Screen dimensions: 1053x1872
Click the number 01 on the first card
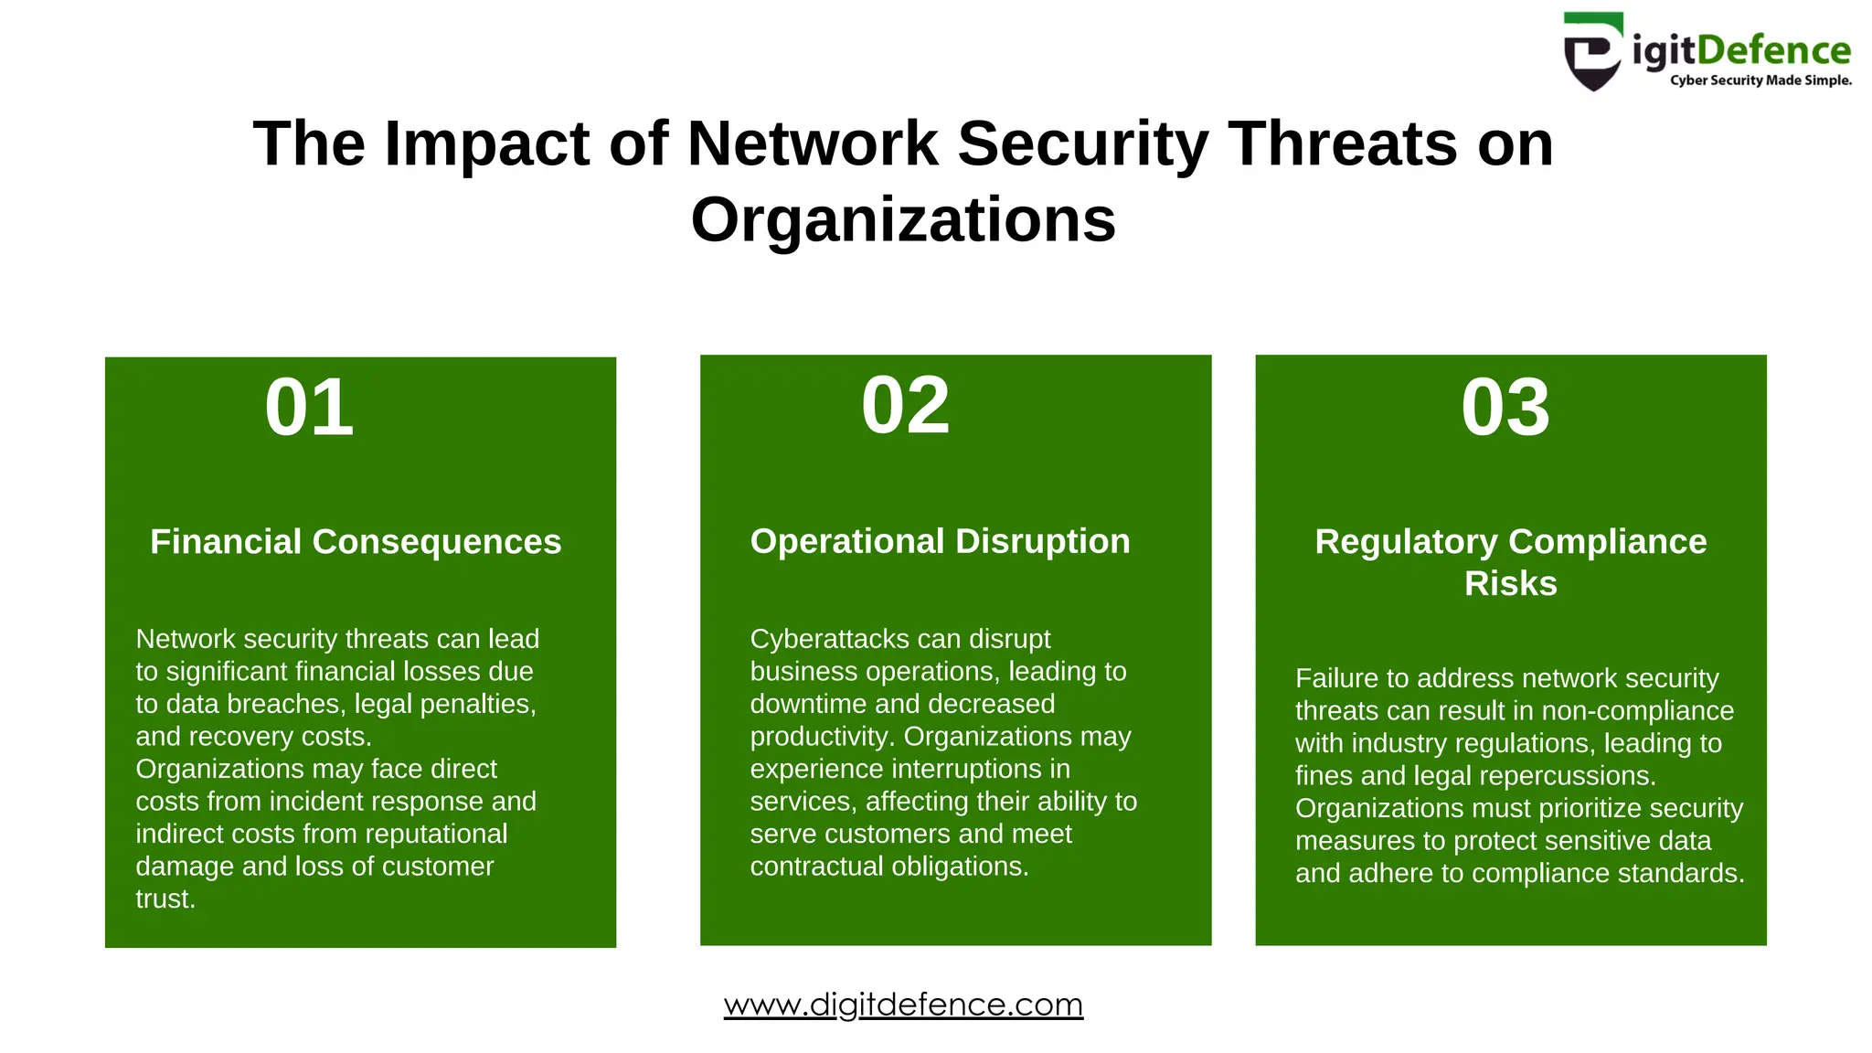point(309,409)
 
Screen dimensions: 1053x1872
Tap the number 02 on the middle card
point(905,406)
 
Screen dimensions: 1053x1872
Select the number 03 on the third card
point(1505,408)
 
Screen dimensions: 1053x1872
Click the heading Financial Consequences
point(356,542)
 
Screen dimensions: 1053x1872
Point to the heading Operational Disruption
point(940,541)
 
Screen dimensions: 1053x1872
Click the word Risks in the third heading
point(1510,583)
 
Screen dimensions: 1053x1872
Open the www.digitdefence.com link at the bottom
point(903,1005)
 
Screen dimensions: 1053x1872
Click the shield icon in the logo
point(1592,53)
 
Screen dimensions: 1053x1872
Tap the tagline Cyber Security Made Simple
point(1760,80)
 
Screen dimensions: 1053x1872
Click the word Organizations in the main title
point(903,219)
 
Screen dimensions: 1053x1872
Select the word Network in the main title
point(812,144)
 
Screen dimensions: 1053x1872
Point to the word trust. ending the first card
point(165,899)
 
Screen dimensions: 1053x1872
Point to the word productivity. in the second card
point(823,737)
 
